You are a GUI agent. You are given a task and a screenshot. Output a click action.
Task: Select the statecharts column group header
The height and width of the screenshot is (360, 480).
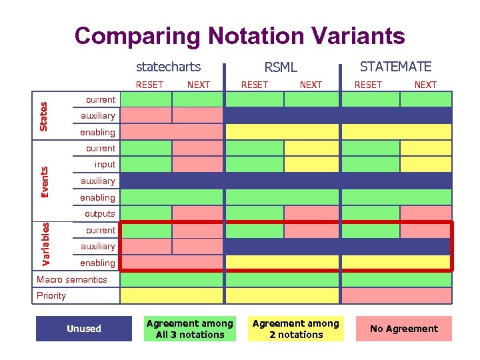click(x=168, y=67)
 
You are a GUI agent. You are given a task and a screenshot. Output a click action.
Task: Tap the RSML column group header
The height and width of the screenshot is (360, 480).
click(x=281, y=67)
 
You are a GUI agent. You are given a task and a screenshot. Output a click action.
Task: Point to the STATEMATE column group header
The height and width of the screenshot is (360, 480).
click(x=395, y=67)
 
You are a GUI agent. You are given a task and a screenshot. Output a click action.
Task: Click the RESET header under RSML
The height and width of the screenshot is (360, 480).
click(x=254, y=85)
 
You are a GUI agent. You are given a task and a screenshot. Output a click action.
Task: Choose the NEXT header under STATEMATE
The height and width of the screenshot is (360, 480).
click(x=425, y=85)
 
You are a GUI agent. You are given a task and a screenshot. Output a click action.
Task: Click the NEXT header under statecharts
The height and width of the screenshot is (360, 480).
click(x=198, y=85)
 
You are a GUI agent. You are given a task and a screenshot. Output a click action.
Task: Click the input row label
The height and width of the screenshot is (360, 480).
click(x=105, y=165)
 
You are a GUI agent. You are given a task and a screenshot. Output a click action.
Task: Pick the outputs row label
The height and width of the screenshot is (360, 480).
click(x=99, y=214)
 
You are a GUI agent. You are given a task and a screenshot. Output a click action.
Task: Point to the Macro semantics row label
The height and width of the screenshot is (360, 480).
click(x=71, y=279)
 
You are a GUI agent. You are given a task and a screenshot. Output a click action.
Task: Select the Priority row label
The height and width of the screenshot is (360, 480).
click(x=51, y=295)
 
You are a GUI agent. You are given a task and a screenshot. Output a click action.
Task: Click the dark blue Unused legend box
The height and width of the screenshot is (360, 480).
click(x=84, y=329)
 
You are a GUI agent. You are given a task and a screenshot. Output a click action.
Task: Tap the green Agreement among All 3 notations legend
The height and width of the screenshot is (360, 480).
click(x=190, y=329)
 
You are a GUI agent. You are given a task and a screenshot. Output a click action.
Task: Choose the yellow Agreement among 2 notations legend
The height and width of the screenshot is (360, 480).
click(x=296, y=329)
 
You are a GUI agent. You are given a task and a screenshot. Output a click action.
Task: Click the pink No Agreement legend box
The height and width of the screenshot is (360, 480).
click(x=403, y=329)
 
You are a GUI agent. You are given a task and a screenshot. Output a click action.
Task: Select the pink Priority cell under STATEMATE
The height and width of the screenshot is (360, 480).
click(x=396, y=295)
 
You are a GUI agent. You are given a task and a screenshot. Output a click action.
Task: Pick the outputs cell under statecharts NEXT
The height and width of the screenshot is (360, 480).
click(x=197, y=214)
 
